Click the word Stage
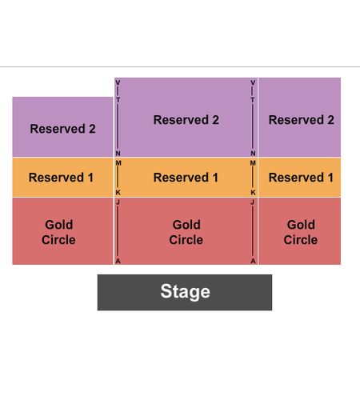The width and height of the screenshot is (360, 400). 185,292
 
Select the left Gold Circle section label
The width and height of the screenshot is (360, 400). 58,232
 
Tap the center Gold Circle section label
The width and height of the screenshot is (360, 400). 186,232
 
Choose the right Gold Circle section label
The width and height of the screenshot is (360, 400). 301,232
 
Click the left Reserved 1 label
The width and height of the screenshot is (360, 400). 61,178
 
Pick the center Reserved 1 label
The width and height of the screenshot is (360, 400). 186,178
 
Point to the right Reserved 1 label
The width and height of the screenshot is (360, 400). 301,178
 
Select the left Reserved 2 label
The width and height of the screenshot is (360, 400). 62,129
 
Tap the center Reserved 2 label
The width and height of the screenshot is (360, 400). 186,120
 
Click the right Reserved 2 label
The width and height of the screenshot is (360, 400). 302,120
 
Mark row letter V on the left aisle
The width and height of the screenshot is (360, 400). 118,82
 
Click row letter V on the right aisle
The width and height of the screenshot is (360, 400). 253,82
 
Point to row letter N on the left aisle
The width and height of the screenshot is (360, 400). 118,154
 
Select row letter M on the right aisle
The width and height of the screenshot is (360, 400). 253,163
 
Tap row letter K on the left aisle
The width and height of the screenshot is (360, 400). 118,192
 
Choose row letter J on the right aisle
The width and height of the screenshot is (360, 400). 253,202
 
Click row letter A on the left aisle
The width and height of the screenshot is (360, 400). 118,262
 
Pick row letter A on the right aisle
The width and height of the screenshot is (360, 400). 253,262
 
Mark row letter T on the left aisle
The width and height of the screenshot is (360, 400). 118,100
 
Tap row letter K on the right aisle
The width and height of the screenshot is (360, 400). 253,192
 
